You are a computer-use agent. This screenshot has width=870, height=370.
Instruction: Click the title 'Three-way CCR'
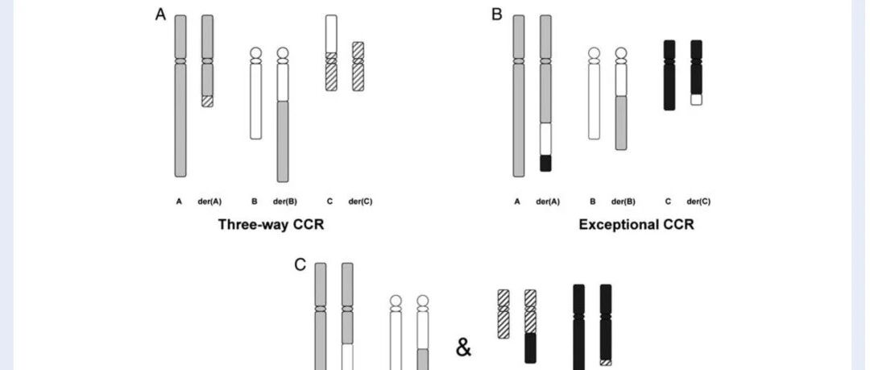click(x=271, y=224)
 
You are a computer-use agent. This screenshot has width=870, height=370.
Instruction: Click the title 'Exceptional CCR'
click(x=636, y=224)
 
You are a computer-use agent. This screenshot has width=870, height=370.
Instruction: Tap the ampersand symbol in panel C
click(x=463, y=347)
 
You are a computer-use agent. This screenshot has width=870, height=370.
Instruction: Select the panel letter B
click(x=496, y=15)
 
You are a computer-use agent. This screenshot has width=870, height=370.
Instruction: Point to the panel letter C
click(x=300, y=265)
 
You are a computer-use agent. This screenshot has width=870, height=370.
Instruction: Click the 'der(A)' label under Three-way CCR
click(x=209, y=202)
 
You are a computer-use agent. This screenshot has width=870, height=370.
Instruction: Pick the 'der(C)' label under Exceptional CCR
click(x=698, y=202)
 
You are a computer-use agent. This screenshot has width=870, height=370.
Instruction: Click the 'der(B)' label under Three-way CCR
click(x=284, y=202)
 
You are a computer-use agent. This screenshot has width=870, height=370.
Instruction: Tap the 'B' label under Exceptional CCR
click(x=593, y=202)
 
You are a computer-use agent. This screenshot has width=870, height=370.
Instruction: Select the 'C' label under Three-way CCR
click(x=329, y=202)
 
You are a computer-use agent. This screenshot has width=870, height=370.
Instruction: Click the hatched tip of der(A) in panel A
click(x=207, y=101)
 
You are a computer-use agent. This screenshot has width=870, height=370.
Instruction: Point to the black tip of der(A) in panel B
click(x=545, y=164)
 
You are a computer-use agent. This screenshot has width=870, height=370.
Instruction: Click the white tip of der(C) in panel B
click(x=696, y=99)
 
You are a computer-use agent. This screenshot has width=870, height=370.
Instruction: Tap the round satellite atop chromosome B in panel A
click(x=256, y=52)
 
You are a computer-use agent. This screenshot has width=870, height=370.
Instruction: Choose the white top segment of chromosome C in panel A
click(x=331, y=34)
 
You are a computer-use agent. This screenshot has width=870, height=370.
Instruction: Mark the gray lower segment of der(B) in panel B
click(x=621, y=123)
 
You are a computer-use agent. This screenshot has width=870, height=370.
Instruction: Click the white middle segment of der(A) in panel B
click(x=545, y=139)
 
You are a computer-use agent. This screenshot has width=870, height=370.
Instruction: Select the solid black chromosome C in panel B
click(x=669, y=75)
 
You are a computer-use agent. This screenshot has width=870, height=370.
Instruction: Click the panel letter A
click(x=160, y=15)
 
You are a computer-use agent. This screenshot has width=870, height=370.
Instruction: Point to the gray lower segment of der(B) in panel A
click(x=283, y=142)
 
